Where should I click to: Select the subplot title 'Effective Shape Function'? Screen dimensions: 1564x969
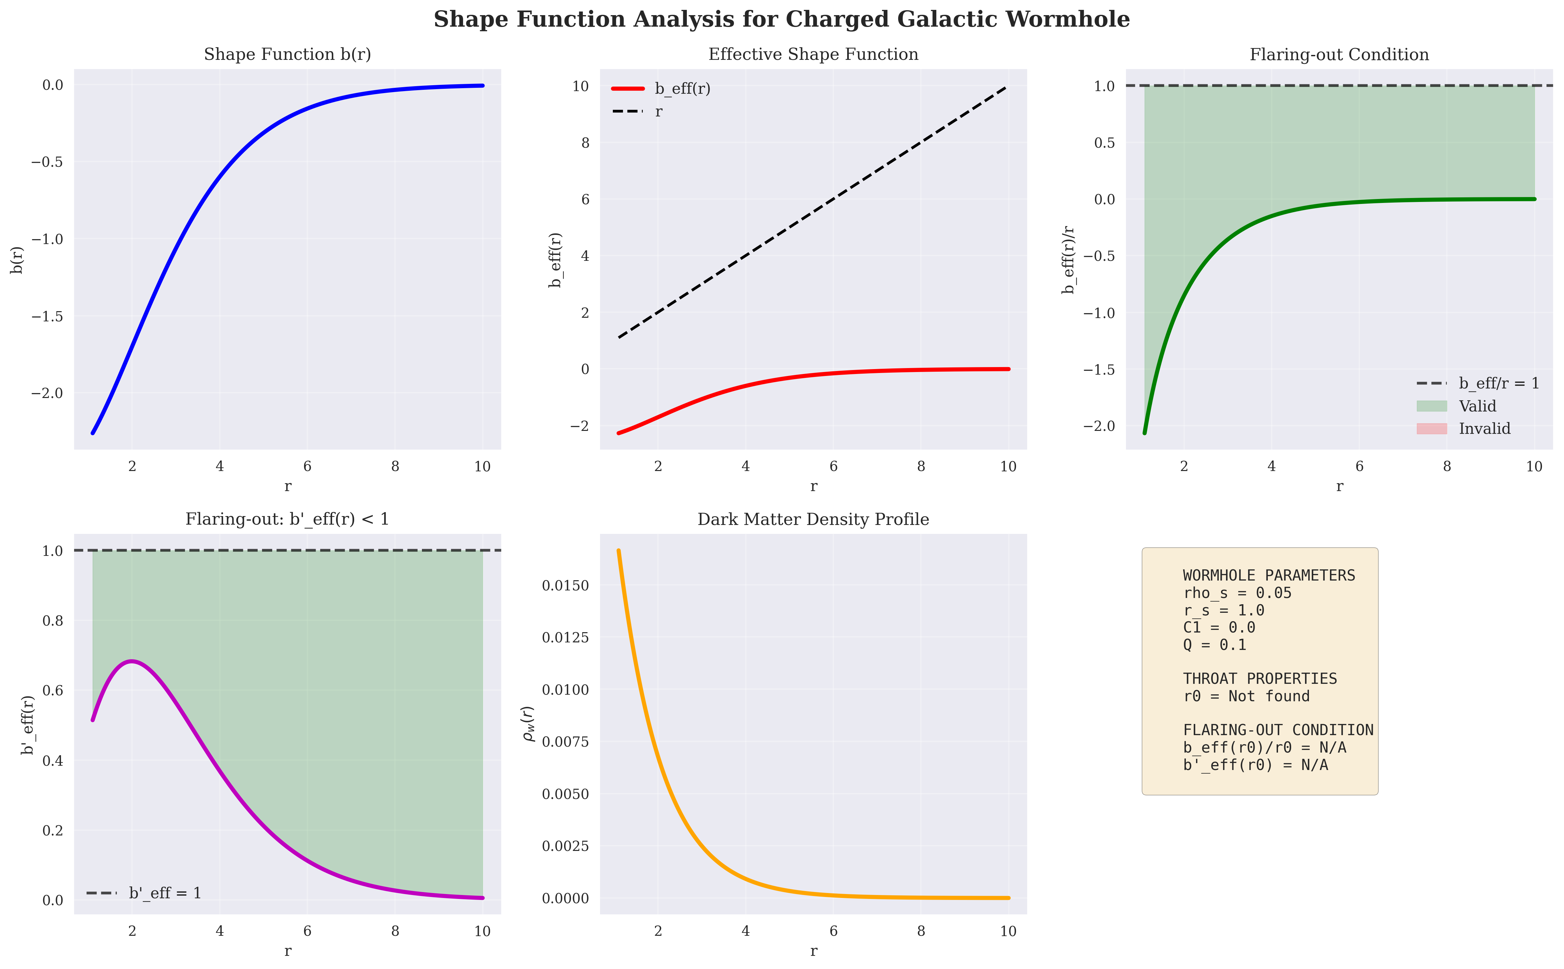(x=813, y=55)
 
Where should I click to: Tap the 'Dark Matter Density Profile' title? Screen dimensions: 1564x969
(x=813, y=519)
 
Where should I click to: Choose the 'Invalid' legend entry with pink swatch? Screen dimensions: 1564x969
(x=1463, y=428)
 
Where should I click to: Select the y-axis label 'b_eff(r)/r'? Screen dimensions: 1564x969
(x=1068, y=260)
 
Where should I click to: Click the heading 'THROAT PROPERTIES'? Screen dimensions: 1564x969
(x=1260, y=679)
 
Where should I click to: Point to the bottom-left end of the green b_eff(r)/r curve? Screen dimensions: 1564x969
(x=1145, y=433)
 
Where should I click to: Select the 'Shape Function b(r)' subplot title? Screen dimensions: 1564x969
(x=287, y=55)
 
